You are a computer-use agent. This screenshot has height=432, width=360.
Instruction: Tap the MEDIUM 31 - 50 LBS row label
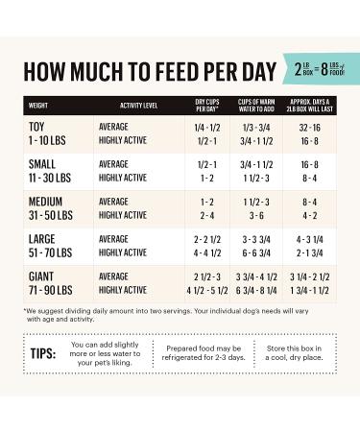[x=54, y=208]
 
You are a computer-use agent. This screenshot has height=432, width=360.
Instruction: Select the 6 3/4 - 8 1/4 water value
[x=256, y=290]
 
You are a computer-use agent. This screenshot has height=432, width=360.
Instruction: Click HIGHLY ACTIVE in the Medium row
[x=122, y=215]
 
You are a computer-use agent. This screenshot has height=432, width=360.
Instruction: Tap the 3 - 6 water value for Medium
[x=256, y=215]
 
